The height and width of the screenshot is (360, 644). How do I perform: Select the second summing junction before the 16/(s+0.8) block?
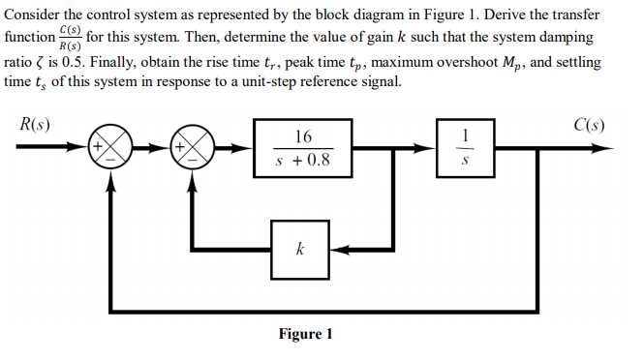(x=197, y=149)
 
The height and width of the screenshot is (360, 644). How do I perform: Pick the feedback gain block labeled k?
(x=300, y=249)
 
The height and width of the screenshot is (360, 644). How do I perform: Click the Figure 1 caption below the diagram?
(x=305, y=334)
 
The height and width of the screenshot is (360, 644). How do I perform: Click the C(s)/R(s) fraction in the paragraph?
(x=70, y=40)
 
